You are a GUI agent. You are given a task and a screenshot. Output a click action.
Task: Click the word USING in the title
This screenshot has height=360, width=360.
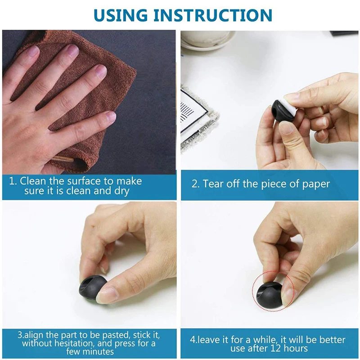pyautogui.click(x=121, y=15)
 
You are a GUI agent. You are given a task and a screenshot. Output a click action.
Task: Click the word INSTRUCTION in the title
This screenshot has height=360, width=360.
pyautogui.click(x=213, y=15)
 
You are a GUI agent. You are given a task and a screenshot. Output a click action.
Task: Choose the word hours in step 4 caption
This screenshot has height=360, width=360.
pyautogui.click(x=296, y=348)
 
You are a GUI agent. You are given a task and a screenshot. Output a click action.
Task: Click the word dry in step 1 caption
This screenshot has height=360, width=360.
pyautogui.click(x=122, y=191)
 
